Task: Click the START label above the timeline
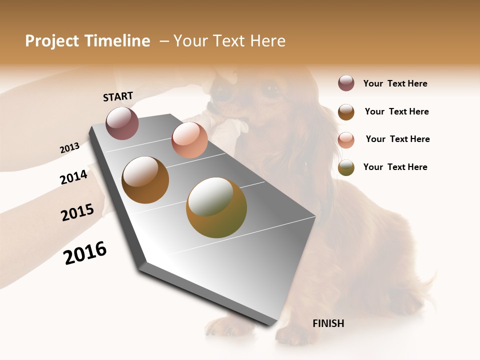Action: [118, 96]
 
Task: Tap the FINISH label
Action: [328, 323]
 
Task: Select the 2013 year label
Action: [69, 148]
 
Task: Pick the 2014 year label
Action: [73, 177]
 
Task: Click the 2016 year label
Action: [85, 253]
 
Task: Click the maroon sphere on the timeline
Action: [122, 123]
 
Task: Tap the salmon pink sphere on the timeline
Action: [189, 140]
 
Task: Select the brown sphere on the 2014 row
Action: [145, 179]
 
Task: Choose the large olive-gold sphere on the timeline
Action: [216, 207]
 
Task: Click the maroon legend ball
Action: [346, 83]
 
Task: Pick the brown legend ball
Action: [346, 112]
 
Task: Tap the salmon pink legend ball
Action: [346, 139]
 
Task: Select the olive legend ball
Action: [346, 167]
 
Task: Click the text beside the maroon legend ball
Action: [395, 84]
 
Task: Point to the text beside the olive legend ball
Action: [395, 167]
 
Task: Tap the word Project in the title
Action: [49, 41]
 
